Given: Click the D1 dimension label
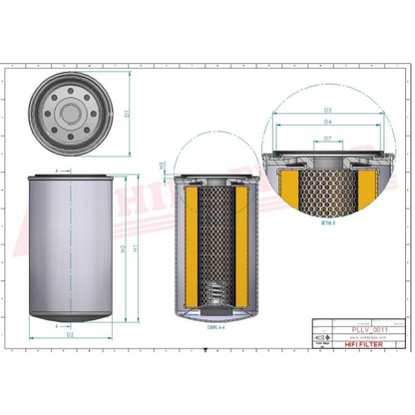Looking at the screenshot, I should (127, 113).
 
